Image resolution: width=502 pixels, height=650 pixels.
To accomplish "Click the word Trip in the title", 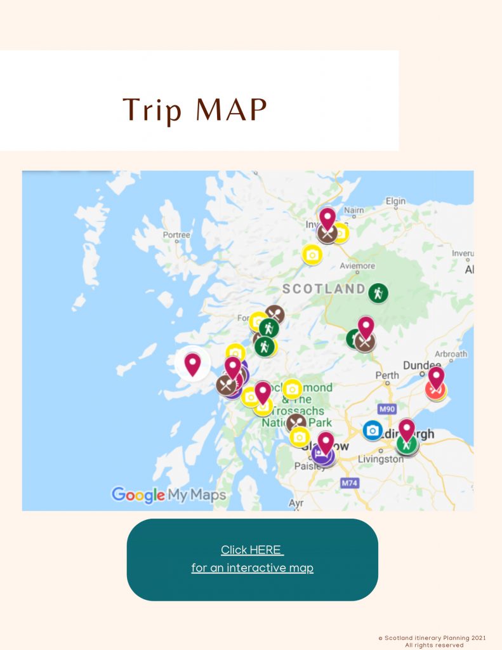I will [x=153, y=110].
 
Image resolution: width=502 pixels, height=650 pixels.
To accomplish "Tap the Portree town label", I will [x=176, y=235].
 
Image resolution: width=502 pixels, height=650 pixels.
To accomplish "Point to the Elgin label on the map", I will [x=395, y=201].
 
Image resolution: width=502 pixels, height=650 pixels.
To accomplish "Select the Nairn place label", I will [x=353, y=211].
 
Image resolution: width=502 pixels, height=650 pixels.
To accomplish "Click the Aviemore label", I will [x=357, y=266].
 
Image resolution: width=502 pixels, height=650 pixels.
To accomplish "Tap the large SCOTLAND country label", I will [x=324, y=289].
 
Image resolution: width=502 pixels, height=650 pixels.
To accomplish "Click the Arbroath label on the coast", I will [x=451, y=354].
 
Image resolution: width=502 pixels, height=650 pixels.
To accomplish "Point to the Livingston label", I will [x=380, y=459].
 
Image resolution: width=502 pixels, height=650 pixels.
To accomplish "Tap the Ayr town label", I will [x=296, y=503].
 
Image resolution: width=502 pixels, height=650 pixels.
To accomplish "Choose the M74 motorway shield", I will [x=350, y=483].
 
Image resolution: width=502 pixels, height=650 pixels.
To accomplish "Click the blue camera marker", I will [x=373, y=430].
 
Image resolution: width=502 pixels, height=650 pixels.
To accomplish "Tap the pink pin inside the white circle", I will [x=192, y=364].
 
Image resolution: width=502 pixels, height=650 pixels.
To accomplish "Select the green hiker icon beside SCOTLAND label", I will [x=378, y=293].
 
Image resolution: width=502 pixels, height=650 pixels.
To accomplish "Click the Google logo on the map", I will [x=138, y=495].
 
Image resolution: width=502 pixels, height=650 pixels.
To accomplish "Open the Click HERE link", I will [x=252, y=550].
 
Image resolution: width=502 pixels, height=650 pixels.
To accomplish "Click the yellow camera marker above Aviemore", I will [x=312, y=255].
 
